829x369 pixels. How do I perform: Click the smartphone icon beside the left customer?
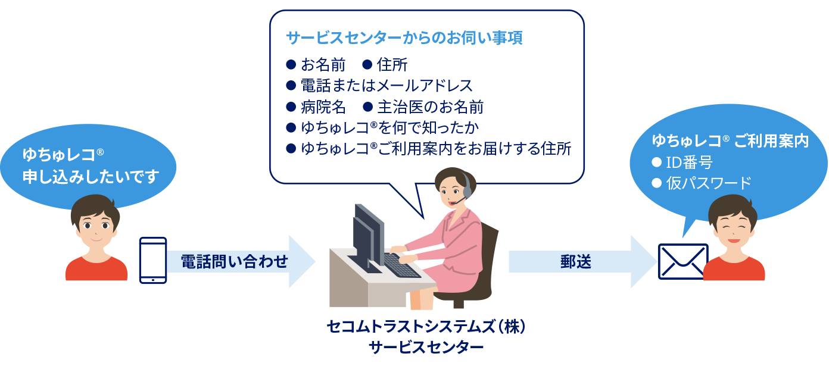(153, 260)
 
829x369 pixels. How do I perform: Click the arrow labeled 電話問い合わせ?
(241, 261)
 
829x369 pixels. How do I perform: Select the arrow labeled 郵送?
(582, 261)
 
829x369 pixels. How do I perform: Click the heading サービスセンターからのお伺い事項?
(404, 37)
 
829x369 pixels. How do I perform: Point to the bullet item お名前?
(323, 65)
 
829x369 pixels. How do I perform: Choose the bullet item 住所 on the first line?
(392, 65)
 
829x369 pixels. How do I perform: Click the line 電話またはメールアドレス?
(387, 86)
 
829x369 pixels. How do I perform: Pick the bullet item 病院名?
(323, 107)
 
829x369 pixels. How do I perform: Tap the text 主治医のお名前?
(431, 107)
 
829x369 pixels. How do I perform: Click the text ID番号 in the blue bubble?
(689, 162)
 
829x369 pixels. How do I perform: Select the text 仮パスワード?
(709, 183)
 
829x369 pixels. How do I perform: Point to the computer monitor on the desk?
(369, 237)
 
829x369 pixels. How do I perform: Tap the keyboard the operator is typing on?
(401, 265)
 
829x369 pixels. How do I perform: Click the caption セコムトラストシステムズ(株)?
(426, 327)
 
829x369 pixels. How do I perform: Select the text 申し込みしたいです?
(91, 177)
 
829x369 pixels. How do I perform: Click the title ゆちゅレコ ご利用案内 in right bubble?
(730, 140)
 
